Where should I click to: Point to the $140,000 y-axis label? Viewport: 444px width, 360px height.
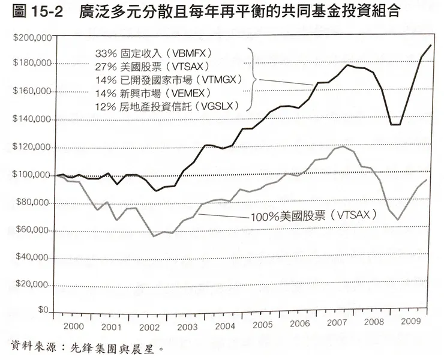coord(31,120)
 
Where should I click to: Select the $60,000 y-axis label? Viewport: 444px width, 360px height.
coord(29,231)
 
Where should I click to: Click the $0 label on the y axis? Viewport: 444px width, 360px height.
coord(41,311)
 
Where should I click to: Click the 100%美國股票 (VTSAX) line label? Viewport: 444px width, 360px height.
coord(312,214)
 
